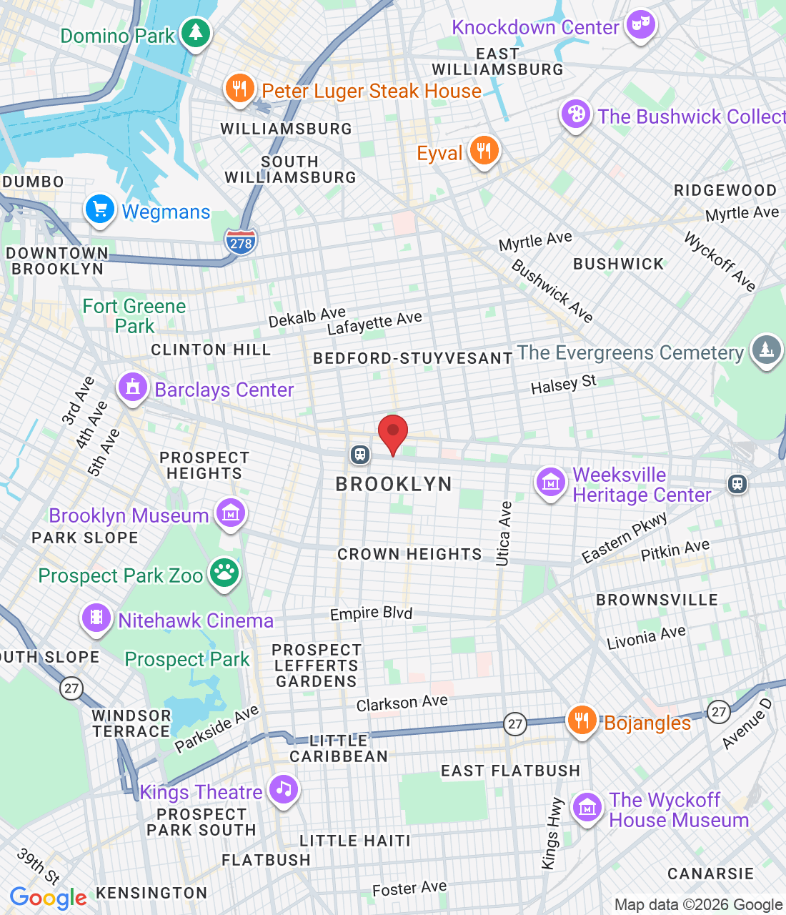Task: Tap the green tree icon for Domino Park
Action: click(195, 33)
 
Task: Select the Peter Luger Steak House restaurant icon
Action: click(240, 88)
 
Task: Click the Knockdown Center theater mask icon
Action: click(640, 26)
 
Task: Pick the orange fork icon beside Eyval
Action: click(484, 151)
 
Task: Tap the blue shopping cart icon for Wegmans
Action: click(100, 209)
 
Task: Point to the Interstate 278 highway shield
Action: click(241, 242)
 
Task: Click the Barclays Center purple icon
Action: click(132, 387)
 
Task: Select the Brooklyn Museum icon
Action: click(230, 513)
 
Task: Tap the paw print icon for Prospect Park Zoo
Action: click(224, 573)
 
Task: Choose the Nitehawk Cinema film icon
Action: click(96, 618)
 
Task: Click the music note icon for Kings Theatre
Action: click(284, 789)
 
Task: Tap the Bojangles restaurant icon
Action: click(582, 721)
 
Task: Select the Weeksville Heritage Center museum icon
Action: click(551, 483)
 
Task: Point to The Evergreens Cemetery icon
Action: click(766, 350)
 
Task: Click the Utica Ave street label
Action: click(504, 533)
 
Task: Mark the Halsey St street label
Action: click(563, 385)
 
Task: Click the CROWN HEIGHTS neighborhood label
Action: click(409, 554)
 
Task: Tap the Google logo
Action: click(48, 898)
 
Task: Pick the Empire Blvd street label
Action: click(371, 613)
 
